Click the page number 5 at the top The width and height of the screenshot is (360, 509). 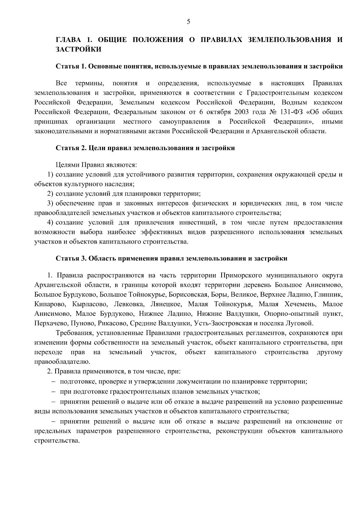pyautogui.click(x=188, y=21)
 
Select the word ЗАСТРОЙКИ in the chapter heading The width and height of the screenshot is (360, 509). pyautogui.click(x=79, y=49)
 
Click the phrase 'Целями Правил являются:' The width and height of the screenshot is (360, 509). pyautogui.click(x=96, y=165)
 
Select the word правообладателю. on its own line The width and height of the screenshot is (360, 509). pyautogui.click(x=60, y=362)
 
